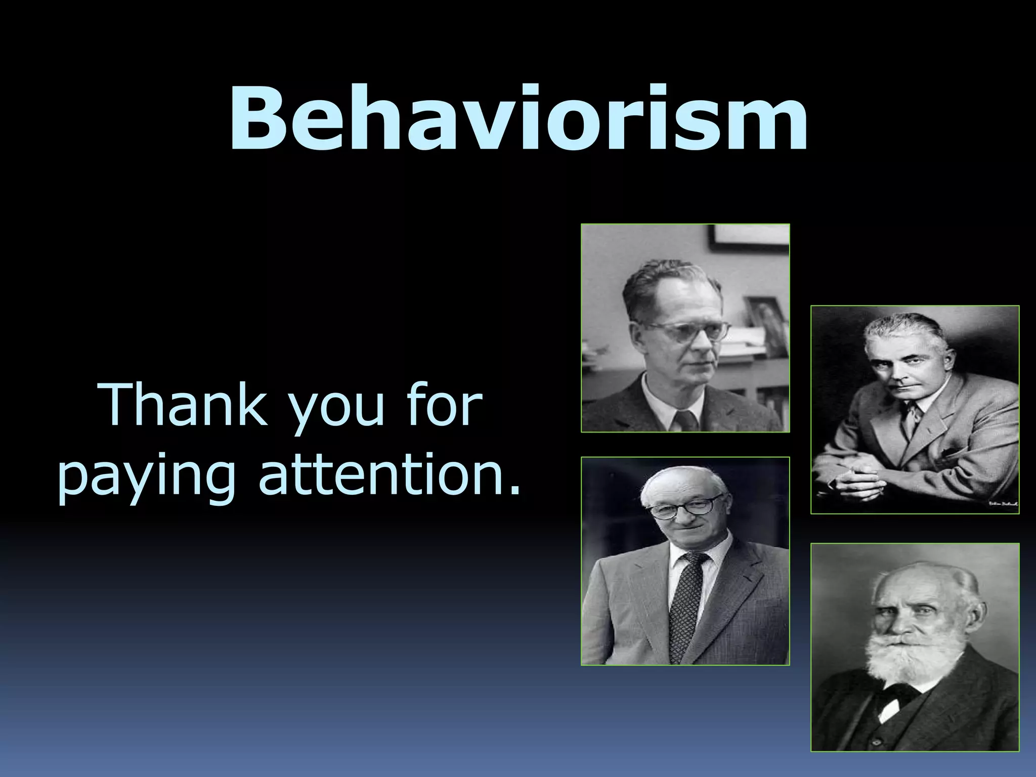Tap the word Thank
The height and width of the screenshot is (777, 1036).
[x=185, y=405]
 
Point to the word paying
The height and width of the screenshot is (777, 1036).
[x=147, y=478]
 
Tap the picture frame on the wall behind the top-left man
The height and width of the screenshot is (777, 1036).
[x=749, y=238]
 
